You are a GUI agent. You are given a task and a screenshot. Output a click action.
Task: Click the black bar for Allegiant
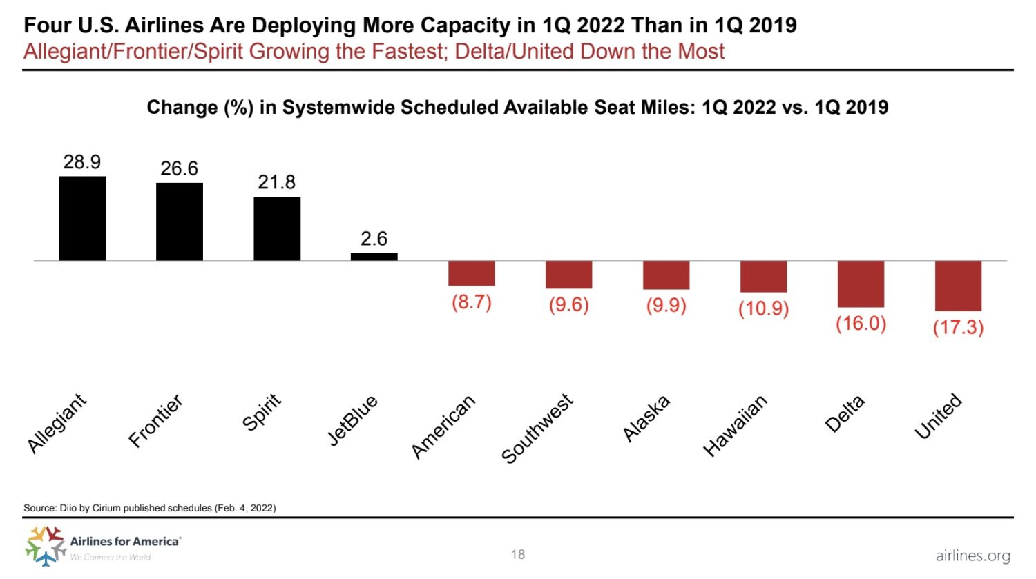[x=82, y=218]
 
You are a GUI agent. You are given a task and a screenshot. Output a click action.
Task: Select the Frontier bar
[x=180, y=222]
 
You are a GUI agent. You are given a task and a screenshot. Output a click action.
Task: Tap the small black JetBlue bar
[x=374, y=257]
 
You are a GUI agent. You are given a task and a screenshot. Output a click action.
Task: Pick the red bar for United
[x=958, y=286]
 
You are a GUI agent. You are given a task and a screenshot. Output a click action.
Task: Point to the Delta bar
[x=861, y=284]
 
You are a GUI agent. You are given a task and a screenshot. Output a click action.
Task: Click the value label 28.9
[x=82, y=162]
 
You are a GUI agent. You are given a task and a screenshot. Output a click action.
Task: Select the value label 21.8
[x=276, y=182]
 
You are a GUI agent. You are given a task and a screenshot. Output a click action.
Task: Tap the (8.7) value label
[x=471, y=302]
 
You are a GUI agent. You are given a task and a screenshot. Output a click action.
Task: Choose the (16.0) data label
[x=861, y=323]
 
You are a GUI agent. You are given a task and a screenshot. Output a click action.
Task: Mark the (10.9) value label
[x=763, y=308]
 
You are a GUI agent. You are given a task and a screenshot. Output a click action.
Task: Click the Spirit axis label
[x=262, y=412]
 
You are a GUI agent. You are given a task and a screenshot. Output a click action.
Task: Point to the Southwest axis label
[x=537, y=429]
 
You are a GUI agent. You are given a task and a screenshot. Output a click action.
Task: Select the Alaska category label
[x=646, y=418]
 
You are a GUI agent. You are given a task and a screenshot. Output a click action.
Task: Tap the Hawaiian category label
[x=735, y=426]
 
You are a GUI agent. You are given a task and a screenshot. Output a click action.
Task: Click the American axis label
[x=443, y=426]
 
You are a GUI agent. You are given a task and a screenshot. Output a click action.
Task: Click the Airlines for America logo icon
[x=45, y=545]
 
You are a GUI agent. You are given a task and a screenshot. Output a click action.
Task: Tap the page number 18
[x=518, y=554]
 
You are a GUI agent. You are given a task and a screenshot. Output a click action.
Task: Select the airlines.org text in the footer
[x=972, y=556]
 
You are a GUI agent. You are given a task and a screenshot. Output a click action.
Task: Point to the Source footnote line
[x=150, y=508]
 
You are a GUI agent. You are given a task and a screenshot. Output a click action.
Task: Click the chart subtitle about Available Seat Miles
[x=517, y=108]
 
